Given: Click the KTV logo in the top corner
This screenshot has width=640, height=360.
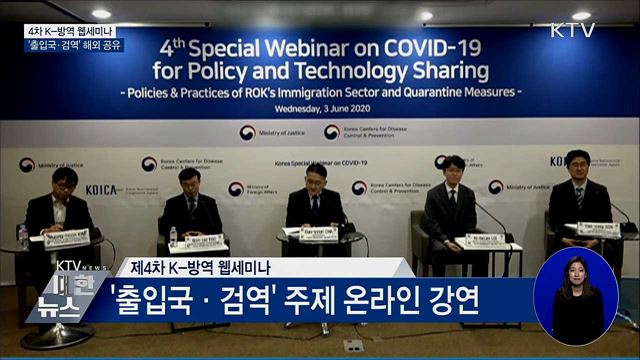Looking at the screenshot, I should click(572, 29).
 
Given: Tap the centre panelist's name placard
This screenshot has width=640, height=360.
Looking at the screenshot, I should click(320, 236).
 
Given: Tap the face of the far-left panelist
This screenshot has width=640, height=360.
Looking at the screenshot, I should click(66, 184).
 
